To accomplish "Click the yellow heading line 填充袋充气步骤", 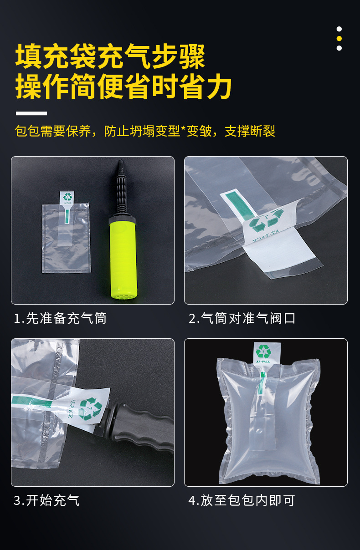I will pos(110,56).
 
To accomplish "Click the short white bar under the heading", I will pos(31,113).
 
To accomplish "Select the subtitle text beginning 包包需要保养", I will pos(145,131).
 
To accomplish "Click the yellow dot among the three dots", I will pos(339,38).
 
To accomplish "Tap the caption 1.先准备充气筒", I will pos(60,318).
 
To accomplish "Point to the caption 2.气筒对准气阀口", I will pos(242,318).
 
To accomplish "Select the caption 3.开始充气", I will pos(46,500).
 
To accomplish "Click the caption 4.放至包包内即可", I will pos(242,500).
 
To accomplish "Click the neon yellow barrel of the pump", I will pos(123,257).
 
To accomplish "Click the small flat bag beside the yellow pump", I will pos(66,239).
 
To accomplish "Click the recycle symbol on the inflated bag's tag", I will pos(263,351).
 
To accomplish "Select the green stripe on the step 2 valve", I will pos(242,205).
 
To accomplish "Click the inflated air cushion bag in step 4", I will pos(269,423).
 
